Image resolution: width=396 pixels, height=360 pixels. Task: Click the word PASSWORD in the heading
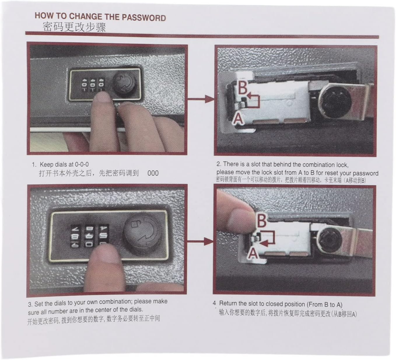(x=143, y=18)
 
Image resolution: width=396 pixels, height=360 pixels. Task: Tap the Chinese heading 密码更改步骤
(x=74, y=27)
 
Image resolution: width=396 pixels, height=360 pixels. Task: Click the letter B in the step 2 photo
(x=243, y=88)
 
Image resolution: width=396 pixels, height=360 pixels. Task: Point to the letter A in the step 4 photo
(x=253, y=253)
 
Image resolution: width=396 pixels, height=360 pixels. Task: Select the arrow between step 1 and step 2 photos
(x=200, y=99)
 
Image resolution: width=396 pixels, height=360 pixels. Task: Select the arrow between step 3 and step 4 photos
(x=200, y=241)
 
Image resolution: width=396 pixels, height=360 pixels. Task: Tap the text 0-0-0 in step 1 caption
(x=82, y=164)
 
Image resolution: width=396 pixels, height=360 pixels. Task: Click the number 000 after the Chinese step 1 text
(x=153, y=173)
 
